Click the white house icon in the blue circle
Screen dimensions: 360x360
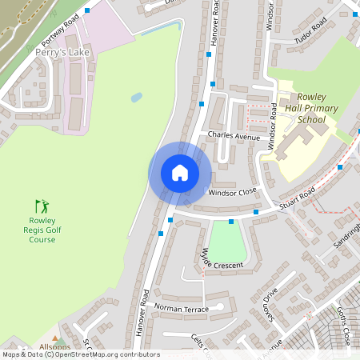tap(180, 173)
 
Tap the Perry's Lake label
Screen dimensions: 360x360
tap(63, 53)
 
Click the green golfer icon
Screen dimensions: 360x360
tap(42, 206)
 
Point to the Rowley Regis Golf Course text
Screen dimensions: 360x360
tap(42, 230)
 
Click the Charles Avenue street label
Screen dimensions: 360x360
tap(234, 137)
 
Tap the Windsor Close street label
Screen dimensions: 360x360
tap(232, 192)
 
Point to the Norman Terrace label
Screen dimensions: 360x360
tap(181, 308)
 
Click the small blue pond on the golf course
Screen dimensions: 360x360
tap(136, 97)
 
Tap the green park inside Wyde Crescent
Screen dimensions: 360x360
tap(227, 241)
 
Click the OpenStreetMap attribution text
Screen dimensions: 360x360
tap(81, 354)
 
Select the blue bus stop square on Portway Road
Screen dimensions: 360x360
tap(86, 11)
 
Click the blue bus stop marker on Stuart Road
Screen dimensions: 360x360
tap(231, 221)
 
